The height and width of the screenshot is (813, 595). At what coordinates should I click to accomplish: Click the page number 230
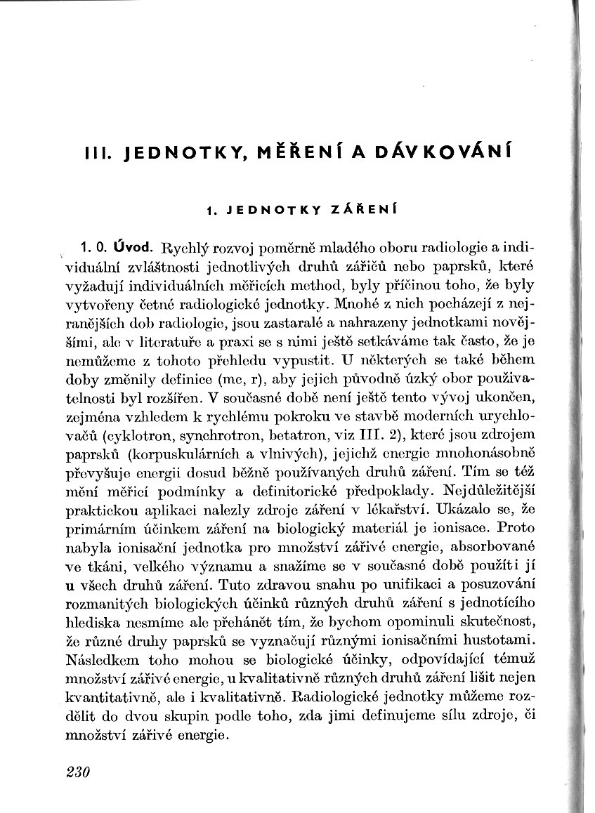click(77, 773)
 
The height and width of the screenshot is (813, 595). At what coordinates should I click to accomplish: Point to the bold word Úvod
click(134, 247)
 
